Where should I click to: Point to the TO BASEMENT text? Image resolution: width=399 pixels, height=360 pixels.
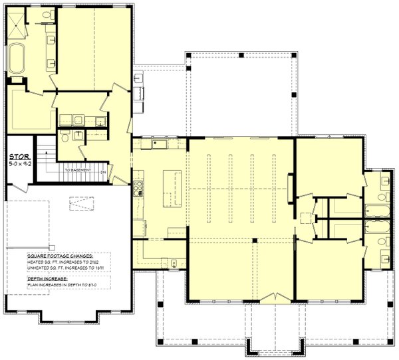(78, 170)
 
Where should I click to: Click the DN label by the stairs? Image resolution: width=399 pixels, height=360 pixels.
(103, 173)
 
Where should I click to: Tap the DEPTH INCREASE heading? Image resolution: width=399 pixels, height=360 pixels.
(47, 279)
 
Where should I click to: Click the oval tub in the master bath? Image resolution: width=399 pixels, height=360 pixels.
(17, 65)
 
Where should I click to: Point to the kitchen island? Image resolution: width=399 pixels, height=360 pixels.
(171, 187)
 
